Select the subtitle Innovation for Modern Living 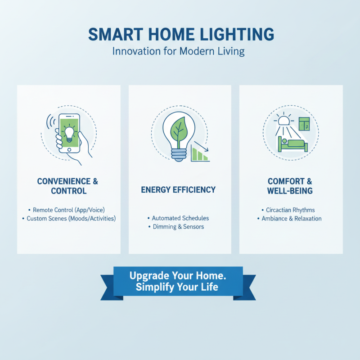coord(178,51)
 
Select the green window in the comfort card coord(304,125)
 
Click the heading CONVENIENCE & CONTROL coord(67,186)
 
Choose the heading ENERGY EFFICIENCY coord(178,189)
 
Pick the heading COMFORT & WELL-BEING coord(290,186)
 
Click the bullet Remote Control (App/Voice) coord(69,210)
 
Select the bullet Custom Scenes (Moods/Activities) coord(69,219)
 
